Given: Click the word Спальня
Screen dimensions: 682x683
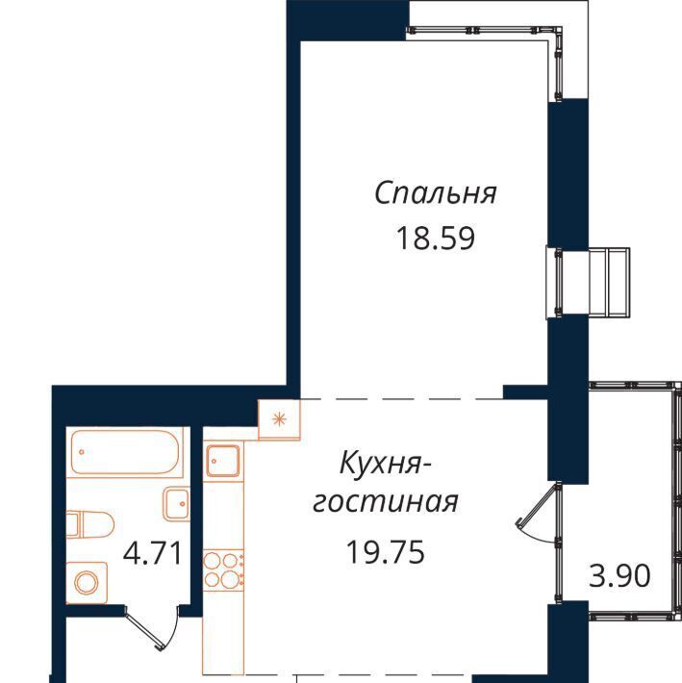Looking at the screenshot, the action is (436, 193).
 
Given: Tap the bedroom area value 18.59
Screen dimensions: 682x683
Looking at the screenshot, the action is (436, 239).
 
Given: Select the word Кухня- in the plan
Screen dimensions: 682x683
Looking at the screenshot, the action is (385, 464).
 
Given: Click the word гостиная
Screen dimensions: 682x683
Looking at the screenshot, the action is (386, 503).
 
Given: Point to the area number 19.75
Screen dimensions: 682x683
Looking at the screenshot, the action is (386, 552).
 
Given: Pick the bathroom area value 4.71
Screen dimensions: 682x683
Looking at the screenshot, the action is (152, 554).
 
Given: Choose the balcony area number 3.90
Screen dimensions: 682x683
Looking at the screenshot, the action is (619, 575).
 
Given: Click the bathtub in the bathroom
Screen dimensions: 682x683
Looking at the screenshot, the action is (125, 452).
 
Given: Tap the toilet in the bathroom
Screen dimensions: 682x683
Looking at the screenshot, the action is (89, 524).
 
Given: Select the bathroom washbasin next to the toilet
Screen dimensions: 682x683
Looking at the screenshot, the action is (176, 504).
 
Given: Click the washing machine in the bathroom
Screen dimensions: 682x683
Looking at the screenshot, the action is (87, 583).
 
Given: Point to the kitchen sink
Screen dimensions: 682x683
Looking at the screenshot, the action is (223, 461).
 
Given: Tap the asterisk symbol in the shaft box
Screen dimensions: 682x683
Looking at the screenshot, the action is (279, 419).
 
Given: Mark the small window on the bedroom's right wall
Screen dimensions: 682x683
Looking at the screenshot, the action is (588, 282).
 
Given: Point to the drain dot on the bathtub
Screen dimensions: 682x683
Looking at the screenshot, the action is (82, 452).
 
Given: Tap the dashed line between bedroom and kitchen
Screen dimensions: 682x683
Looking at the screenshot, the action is (401, 399).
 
